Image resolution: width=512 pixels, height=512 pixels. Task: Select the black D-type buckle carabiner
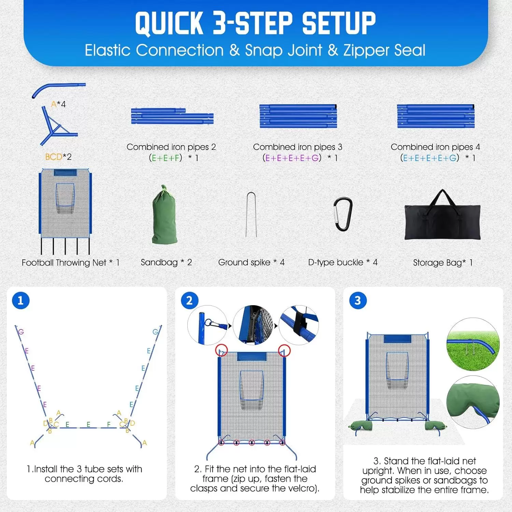(343, 214)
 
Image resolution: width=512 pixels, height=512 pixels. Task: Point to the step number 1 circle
(20, 300)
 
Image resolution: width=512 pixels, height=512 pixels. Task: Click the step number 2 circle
(189, 300)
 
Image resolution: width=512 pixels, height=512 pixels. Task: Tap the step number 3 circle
(358, 300)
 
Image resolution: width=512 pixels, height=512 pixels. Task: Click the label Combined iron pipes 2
(171, 147)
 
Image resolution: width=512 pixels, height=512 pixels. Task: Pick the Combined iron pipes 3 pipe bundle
(298, 116)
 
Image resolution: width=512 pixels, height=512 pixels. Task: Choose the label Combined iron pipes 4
(436, 147)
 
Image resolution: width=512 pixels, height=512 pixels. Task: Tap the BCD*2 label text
(58, 157)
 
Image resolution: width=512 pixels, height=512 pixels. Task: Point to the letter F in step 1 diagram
(109, 424)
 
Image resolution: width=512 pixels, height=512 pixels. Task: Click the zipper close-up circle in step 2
(253, 325)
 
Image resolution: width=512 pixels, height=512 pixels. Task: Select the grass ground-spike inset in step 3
(473, 344)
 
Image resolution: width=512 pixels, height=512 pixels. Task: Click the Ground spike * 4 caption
(251, 262)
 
